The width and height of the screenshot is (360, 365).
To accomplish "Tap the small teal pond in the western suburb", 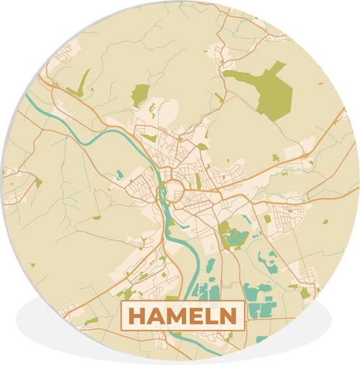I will [120, 173].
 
